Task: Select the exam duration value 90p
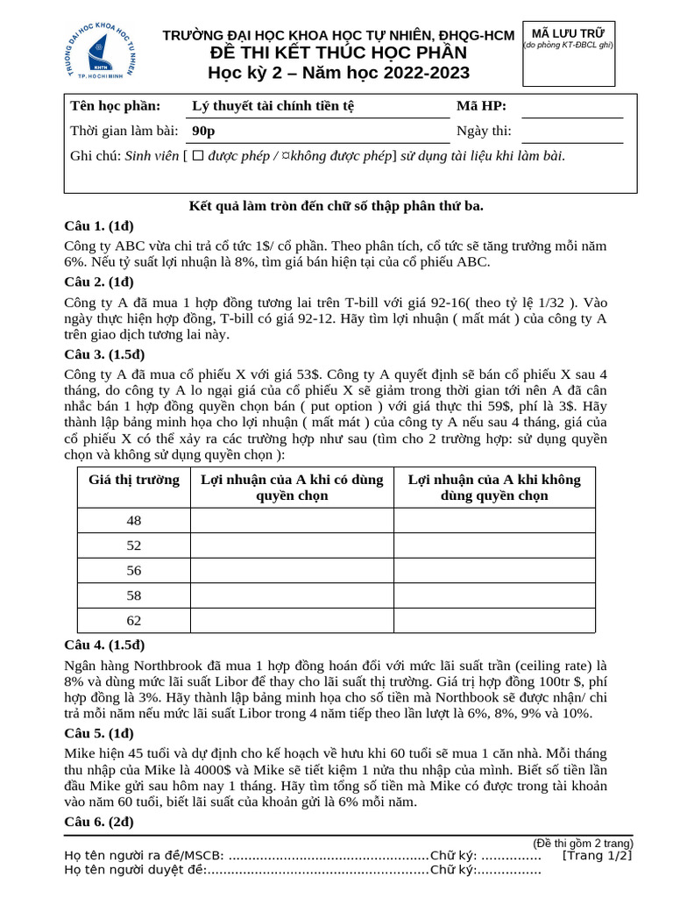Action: (x=203, y=132)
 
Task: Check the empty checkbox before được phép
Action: (x=198, y=156)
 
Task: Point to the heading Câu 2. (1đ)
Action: (x=99, y=282)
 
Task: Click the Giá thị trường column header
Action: (x=134, y=480)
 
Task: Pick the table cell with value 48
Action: (x=134, y=521)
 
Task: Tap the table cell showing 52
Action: (x=134, y=545)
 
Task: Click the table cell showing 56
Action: (x=134, y=570)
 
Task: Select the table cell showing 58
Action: (x=134, y=595)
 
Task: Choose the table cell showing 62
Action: (x=134, y=620)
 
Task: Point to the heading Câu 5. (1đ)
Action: (x=99, y=734)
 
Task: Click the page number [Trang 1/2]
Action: (x=597, y=855)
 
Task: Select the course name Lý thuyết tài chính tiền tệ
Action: (x=273, y=107)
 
